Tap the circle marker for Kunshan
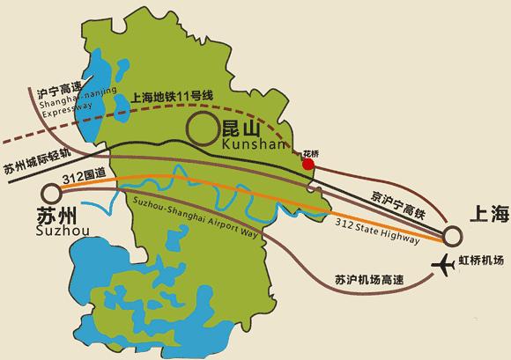coord(202,129)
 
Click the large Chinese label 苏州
coord(56,217)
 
